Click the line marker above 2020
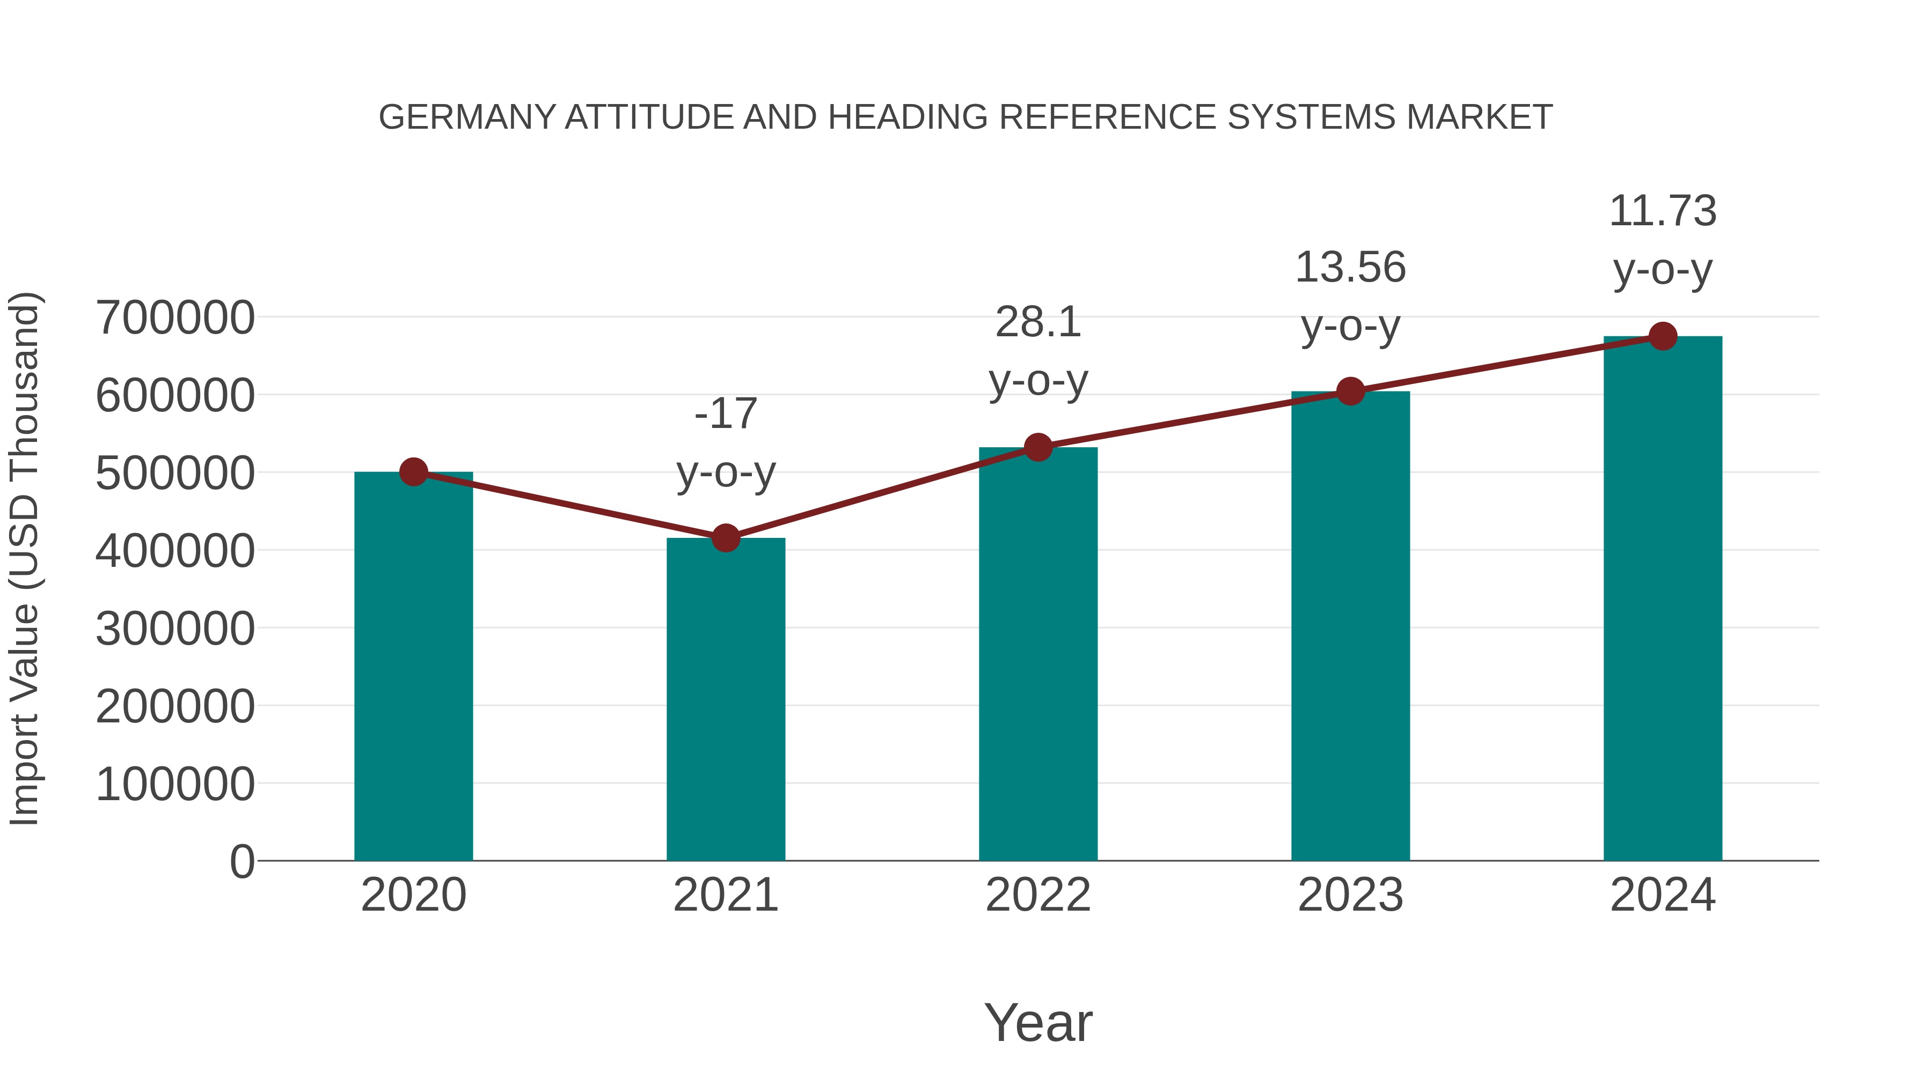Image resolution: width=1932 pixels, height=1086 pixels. click(x=413, y=472)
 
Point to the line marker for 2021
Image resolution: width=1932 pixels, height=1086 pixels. click(x=725, y=538)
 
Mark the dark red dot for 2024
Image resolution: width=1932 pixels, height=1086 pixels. click(x=1663, y=336)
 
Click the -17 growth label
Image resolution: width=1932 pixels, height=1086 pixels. click(x=725, y=413)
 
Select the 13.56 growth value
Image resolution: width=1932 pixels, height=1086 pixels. click(x=1350, y=268)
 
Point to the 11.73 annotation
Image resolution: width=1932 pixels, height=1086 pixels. click(x=1663, y=211)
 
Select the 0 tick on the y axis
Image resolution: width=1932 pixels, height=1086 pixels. click(x=241, y=861)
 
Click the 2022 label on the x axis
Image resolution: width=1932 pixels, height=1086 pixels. click(x=1038, y=895)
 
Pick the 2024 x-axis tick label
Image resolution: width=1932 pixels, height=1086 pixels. click(x=1663, y=895)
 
